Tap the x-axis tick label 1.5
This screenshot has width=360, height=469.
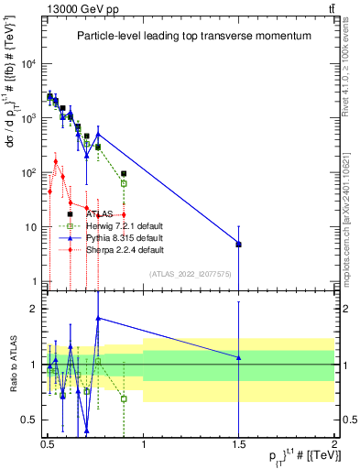pos(238,444)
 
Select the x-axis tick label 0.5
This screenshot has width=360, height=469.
pos(47,444)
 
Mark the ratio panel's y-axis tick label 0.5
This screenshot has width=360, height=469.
pos(30,420)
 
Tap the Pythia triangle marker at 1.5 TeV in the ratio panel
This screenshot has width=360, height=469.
pos(238,357)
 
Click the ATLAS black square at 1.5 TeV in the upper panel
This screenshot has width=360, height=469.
pos(238,245)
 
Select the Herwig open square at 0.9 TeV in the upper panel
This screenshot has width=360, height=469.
pos(124,183)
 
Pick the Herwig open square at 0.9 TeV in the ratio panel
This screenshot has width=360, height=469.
pos(124,398)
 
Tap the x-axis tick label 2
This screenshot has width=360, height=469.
pos(334,444)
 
